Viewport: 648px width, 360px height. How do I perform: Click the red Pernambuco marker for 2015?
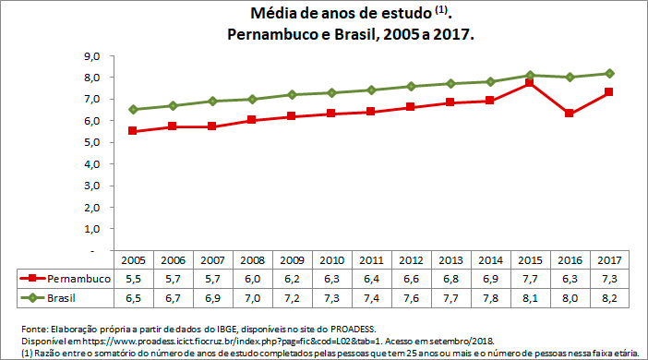pos(530,83)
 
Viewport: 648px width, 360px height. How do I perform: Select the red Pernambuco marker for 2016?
pos(570,114)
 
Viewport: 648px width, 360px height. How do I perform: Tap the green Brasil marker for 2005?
pos(133,110)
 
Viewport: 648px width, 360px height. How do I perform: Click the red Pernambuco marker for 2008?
pos(252,120)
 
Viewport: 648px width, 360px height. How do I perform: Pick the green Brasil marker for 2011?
pos(371,90)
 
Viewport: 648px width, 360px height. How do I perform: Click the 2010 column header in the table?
pos(331,260)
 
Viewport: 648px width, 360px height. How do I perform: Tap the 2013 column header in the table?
pos(450,260)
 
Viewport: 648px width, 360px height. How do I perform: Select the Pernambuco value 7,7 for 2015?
pos(530,279)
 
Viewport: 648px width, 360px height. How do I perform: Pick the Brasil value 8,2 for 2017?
pos(609,298)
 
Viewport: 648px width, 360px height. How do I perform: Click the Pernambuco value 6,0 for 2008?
pos(252,279)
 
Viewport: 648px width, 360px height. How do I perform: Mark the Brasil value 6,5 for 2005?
pos(133,298)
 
